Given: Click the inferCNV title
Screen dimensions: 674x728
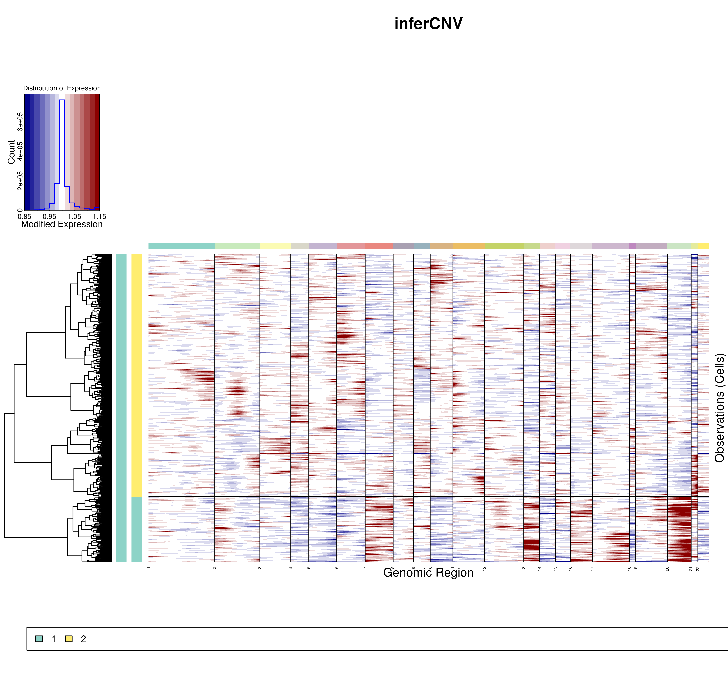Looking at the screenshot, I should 428,24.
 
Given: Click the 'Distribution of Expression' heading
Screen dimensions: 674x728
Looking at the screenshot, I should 62,88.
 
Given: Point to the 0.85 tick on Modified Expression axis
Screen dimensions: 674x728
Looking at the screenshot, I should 25,216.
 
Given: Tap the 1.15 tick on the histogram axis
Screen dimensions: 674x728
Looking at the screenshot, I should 99,216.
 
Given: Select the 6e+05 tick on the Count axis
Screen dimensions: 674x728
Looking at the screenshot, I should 20,122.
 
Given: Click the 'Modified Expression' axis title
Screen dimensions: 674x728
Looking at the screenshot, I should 62,224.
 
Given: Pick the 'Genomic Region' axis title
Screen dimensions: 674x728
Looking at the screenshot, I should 428,573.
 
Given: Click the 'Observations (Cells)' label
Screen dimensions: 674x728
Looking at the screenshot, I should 719,408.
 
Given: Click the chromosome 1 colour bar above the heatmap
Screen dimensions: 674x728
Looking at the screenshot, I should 182,246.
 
